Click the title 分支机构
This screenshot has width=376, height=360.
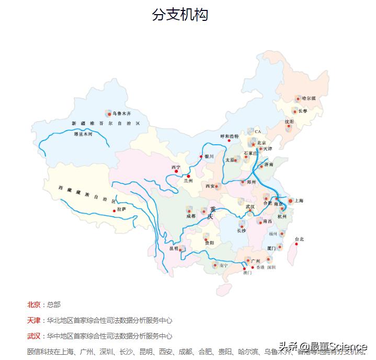pyautogui.click(x=180, y=15)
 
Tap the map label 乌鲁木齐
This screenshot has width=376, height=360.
pyautogui.click(x=121, y=113)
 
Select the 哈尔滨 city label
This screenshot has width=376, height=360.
pyautogui.click(x=309, y=98)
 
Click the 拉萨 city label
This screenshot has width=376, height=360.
pyautogui.click(x=121, y=209)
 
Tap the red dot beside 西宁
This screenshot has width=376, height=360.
pyautogui.click(x=176, y=171)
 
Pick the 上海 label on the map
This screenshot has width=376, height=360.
pyautogui.click(x=299, y=201)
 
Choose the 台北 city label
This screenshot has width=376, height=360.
pyautogui.click(x=299, y=239)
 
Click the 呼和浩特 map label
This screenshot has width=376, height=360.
pyautogui.click(x=229, y=136)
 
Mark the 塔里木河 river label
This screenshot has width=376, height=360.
pyautogui.click(x=83, y=134)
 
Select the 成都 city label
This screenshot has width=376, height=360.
pyautogui.click(x=190, y=216)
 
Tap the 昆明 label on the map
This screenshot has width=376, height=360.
pyautogui.click(x=174, y=249)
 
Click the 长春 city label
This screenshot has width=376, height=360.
pyautogui.click(x=303, y=111)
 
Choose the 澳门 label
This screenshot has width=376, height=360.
pyautogui.click(x=247, y=273)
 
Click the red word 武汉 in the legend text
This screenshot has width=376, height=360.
pyautogui.click(x=33, y=336)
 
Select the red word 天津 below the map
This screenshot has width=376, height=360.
pyautogui.click(x=33, y=320)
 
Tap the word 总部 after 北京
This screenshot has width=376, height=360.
pyautogui.click(x=53, y=305)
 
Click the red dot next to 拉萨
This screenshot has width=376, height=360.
pyautogui.click(x=113, y=211)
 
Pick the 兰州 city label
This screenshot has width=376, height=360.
pyautogui.click(x=188, y=181)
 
